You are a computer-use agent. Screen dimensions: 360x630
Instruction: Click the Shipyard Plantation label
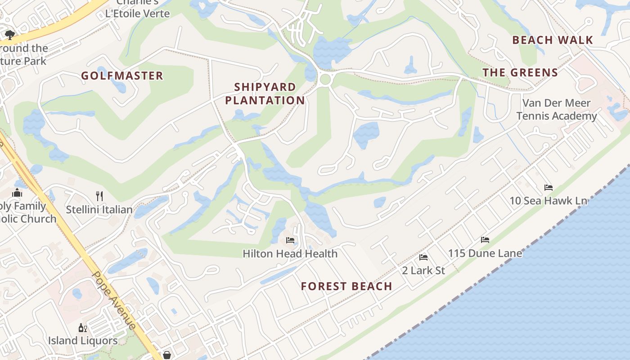click(x=265, y=94)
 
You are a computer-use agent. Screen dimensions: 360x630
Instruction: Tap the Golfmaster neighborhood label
click(x=122, y=76)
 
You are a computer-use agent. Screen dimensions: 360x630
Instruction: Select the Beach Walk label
click(x=553, y=40)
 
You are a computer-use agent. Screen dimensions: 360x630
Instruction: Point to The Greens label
click(x=520, y=72)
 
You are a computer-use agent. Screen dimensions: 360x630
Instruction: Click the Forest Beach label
click(x=346, y=286)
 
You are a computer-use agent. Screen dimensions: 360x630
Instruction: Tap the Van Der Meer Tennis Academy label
click(x=557, y=109)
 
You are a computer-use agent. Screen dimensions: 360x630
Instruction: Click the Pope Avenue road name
click(x=114, y=300)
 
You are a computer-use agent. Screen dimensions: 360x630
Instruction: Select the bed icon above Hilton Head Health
click(x=290, y=240)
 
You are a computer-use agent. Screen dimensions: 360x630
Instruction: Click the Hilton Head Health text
click(x=290, y=254)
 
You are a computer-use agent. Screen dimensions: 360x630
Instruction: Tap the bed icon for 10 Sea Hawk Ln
click(x=548, y=187)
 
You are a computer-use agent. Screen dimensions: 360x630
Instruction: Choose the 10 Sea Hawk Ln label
click(x=548, y=201)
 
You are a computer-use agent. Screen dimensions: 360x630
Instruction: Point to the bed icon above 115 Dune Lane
click(x=485, y=240)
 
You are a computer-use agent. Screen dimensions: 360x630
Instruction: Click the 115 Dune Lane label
click(x=485, y=253)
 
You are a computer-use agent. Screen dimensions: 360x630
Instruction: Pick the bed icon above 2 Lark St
click(x=423, y=257)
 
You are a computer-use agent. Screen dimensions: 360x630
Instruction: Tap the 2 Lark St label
click(x=423, y=270)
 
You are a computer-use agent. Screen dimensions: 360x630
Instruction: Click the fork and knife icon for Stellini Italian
click(x=99, y=196)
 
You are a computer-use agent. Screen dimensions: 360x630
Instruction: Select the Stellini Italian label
click(x=99, y=209)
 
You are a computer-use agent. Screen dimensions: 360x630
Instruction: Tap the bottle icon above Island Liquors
click(x=83, y=328)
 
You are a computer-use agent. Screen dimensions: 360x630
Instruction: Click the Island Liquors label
click(x=83, y=341)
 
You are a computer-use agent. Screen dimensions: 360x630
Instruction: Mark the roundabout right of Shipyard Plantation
click(x=325, y=80)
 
